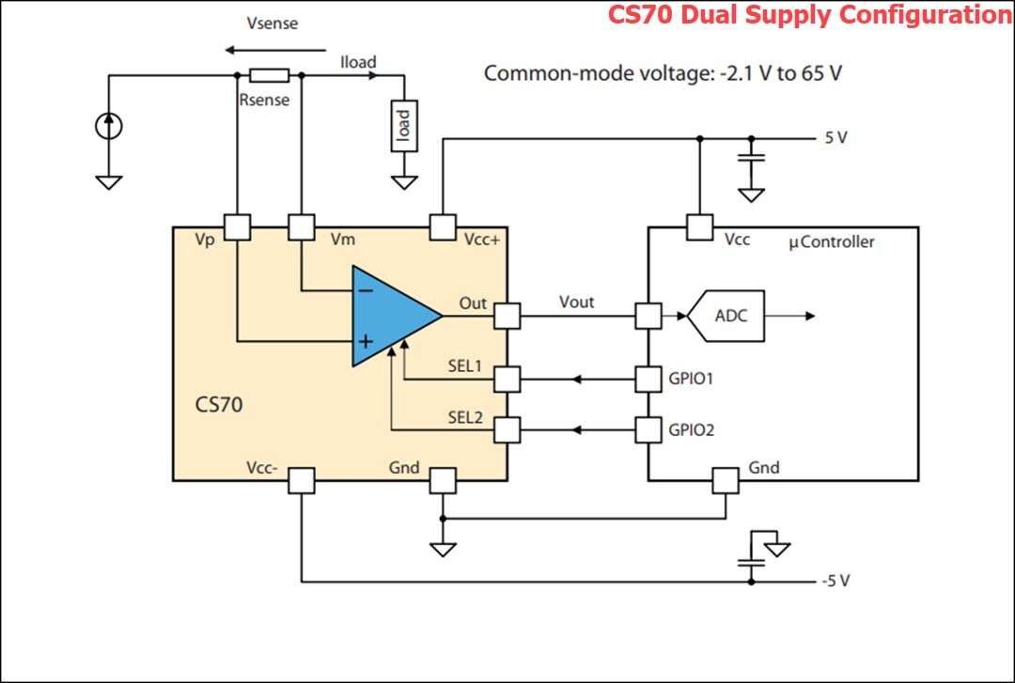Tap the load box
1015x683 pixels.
coord(404,126)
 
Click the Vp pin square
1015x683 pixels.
coord(237,226)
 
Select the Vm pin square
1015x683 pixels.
coord(301,226)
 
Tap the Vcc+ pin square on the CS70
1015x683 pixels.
coord(442,226)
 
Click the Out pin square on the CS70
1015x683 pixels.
coord(507,316)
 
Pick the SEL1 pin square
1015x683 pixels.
coord(507,380)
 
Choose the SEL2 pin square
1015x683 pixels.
coord(507,430)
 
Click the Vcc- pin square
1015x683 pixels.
coord(301,480)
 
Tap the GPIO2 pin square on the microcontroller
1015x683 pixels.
coord(648,430)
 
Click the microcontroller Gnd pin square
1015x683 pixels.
coord(725,480)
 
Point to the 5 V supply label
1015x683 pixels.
coord(835,138)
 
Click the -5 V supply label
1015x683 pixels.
coord(835,581)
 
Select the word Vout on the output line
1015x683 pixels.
coord(577,302)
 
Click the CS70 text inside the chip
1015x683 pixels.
coord(219,407)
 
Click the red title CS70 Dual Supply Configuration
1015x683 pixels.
coord(809,15)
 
